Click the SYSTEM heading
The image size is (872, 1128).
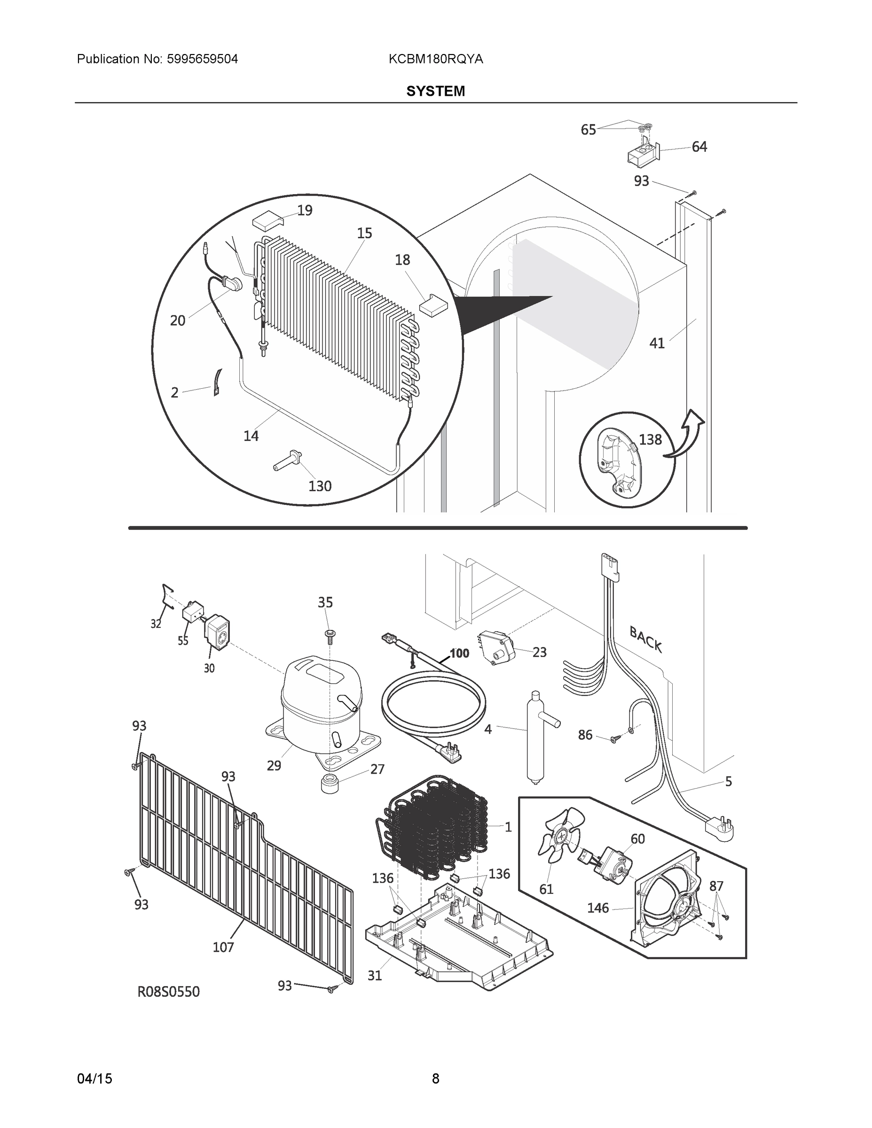click(x=435, y=92)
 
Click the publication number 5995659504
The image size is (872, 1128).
click(x=202, y=59)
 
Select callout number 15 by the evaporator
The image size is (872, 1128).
click(x=364, y=234)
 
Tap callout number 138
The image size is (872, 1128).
click(x=650, y=439)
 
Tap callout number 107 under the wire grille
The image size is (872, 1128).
click(x=223, y=947)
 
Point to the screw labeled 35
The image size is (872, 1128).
click(x=328, y=634)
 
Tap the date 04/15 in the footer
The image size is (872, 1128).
click(x=94, y=1079)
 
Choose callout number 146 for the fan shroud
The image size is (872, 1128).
click(x=597, y=908)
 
